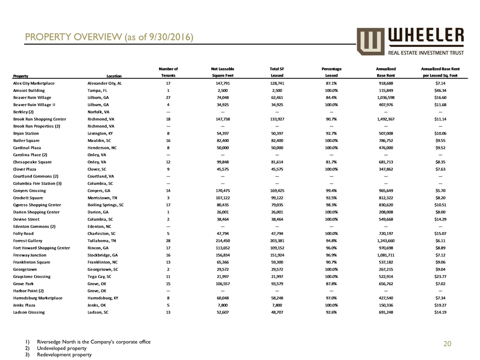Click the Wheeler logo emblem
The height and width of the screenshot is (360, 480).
click(x=369, y=41)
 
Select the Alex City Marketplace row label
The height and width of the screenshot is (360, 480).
click(x=34, y=83)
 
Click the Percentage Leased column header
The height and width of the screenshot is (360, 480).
click(x=331, y=72)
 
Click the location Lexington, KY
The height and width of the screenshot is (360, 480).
click(x=102, y=133)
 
